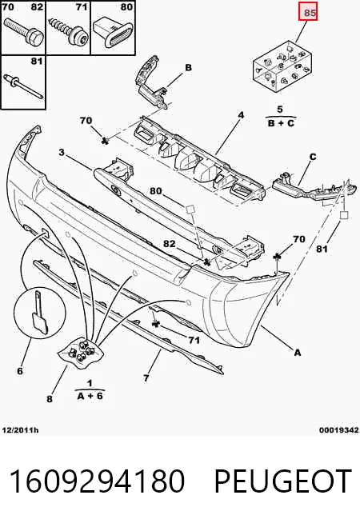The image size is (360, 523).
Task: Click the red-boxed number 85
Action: click(310, 13)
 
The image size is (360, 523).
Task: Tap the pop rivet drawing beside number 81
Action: click(23, 86)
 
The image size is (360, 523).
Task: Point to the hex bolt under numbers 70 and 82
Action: click(24, 31)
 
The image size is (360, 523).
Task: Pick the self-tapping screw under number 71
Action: click(69, 31)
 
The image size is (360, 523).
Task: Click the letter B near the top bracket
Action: click(189, 68)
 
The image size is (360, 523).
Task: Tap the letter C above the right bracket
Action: click(313, 157)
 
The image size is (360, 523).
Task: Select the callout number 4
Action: click(241, 115)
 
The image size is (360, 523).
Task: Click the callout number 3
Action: click(62, 153)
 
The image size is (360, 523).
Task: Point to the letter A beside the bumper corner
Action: click(298, 352)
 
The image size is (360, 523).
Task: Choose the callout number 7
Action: click(146, 378)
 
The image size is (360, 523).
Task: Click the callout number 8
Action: click(50, 398)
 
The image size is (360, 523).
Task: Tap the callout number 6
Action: click(20, 370)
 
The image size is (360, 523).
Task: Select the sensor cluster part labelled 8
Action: click(81, 353)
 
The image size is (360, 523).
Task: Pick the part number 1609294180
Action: click(97, 481)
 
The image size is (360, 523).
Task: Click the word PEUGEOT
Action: click(283, 481)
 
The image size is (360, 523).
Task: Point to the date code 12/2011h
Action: click(20, 430)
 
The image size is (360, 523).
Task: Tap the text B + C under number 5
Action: click(282, 123)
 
